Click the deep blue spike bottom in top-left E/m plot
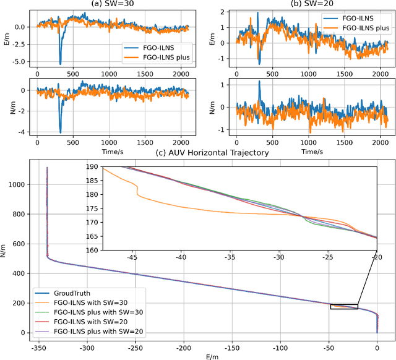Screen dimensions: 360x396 click(60, 63)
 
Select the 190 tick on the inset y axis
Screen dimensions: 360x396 click(92, 167)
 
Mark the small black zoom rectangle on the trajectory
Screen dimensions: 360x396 click(343, 306)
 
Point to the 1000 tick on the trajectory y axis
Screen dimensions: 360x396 click(17, 184)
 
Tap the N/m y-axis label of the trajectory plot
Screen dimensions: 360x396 click(5, 249)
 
